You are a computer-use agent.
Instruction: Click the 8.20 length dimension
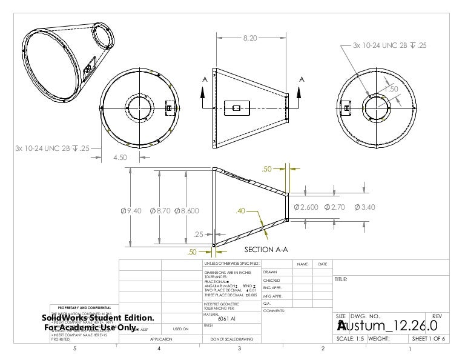[x=249, y=38]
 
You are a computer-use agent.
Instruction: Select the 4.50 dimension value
[x=121, y=158]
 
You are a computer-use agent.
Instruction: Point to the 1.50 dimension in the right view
[x=391, y=88]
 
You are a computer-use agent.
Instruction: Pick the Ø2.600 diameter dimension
[x=306, y=207]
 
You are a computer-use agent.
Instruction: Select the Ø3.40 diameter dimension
[x=364, y=207]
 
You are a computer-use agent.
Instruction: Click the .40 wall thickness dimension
[x=241, y=211]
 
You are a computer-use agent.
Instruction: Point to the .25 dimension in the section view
[x=198, y=235]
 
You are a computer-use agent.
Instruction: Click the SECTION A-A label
[x=266, y=250]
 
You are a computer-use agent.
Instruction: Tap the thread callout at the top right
[x=390, y=45]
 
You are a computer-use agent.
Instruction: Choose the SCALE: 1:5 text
[x=350, y=339]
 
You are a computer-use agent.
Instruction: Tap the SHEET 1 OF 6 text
[x=428, y=339]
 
